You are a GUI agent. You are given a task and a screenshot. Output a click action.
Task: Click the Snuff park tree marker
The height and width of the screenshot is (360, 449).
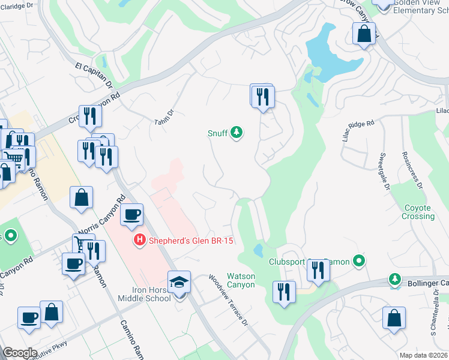coord(237,132)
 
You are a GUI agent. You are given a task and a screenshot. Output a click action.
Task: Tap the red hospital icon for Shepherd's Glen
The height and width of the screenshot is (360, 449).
coord(139,241)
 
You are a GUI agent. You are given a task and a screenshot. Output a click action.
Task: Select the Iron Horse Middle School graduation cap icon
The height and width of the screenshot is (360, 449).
coord(179,281)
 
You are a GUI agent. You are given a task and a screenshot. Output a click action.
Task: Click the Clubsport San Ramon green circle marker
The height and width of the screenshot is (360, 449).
coord(359,261)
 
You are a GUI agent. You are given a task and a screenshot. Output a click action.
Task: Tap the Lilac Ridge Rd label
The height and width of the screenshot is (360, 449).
coord(358,131)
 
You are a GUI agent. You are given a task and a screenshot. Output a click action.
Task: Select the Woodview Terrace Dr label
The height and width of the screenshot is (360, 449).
coord(228,300)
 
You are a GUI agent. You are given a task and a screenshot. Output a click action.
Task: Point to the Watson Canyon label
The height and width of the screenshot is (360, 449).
coord(241,280)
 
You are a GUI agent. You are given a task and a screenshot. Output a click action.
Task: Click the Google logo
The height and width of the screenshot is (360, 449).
coord(20,353)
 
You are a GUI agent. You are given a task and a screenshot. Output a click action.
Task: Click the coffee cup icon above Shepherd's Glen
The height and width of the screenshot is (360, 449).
coord(131,214)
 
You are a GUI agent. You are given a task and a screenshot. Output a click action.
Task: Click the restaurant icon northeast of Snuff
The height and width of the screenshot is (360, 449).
coord(262,96)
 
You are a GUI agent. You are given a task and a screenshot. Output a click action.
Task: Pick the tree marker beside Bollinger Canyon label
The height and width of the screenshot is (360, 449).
coord(395,280)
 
